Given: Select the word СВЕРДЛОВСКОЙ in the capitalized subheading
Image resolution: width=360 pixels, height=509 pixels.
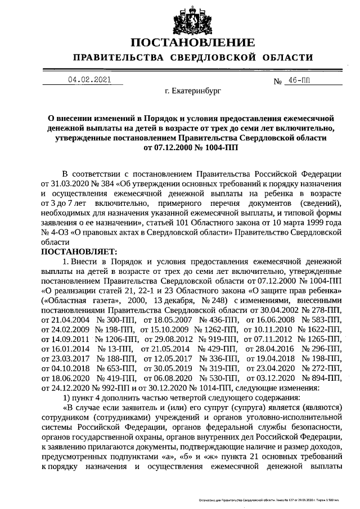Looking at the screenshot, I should point(212,58).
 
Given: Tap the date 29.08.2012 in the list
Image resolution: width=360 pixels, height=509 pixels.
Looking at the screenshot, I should point(165,339).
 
